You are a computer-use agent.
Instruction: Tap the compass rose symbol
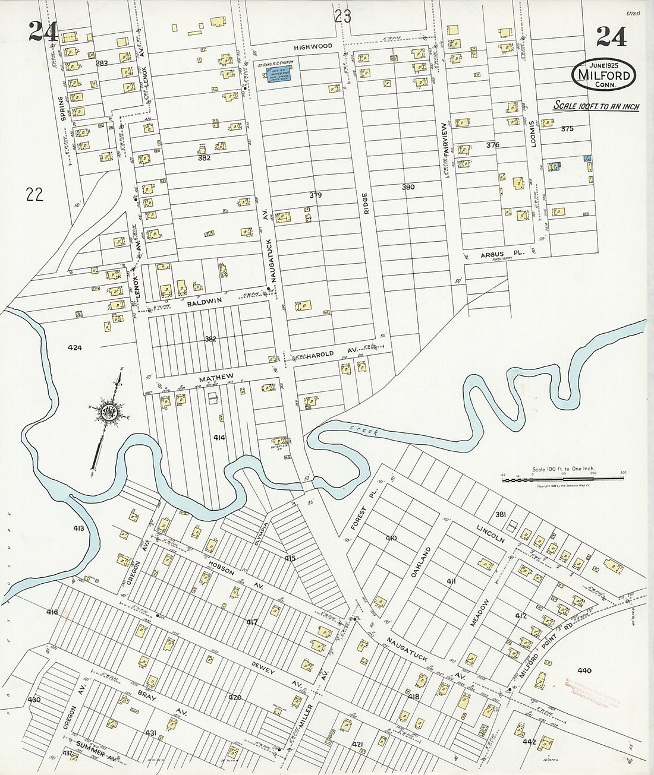click(x=109, y=414)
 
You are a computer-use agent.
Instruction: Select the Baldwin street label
click(x=205, y=301)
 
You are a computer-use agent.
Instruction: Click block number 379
click(x=315, y=195)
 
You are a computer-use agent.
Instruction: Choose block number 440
click(x=584, y=671)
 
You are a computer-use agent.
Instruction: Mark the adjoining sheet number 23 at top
click(x=342, y=17)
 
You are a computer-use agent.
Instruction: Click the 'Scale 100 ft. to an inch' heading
click(x=596, y=106)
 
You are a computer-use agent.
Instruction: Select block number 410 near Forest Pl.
click(x=391, y=538)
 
